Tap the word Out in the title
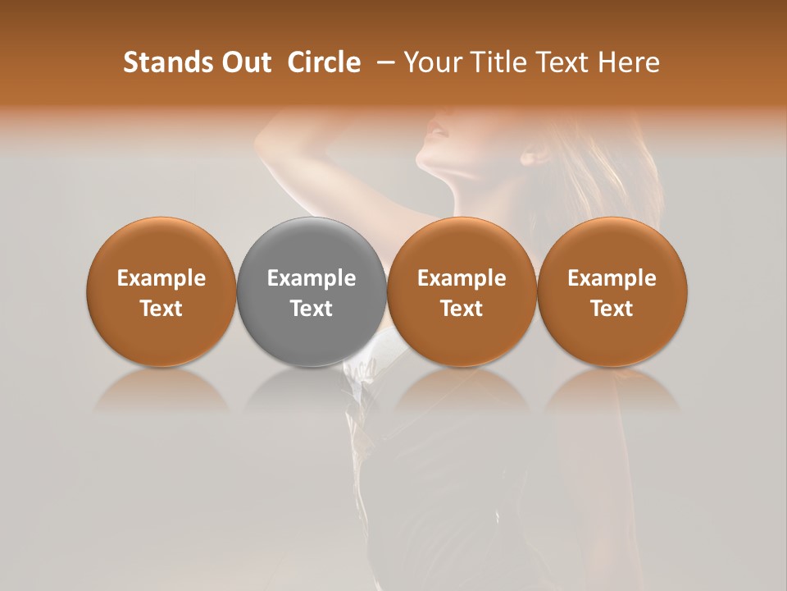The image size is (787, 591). pos(243,62)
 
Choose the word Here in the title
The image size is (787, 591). pos(630,62)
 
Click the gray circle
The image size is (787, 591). pos(312,291)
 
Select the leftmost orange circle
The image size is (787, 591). pos(161,291)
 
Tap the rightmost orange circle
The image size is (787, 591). pos(612,291)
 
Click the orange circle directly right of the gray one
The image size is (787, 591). pos(462,291)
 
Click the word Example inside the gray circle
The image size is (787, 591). pos(312,278)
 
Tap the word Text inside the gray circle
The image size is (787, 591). pos(312,309)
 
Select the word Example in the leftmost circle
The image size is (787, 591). pos(161,278)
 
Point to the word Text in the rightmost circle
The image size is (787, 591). pos(612,309)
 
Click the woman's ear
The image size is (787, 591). pos(535,153)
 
